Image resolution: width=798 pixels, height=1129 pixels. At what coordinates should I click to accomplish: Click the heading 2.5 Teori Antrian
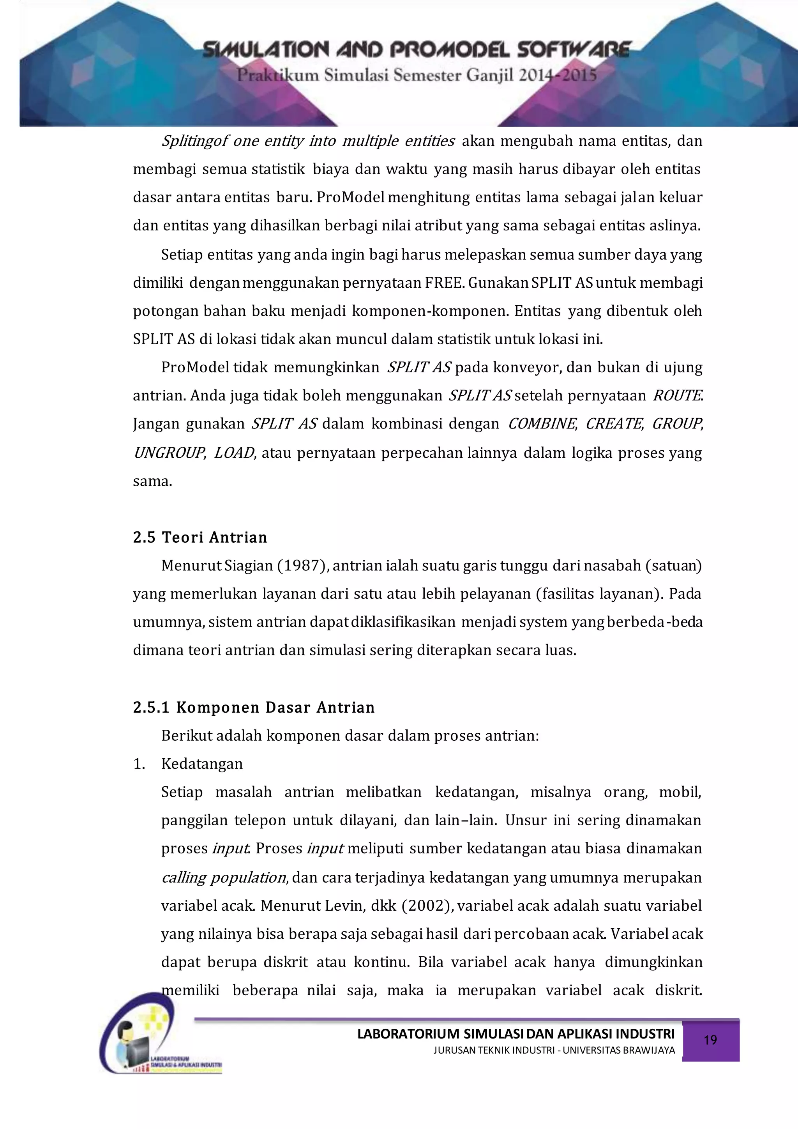click(x=200, y=538)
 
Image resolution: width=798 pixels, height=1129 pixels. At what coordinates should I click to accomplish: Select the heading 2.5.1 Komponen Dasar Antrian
click(x=254, y=708)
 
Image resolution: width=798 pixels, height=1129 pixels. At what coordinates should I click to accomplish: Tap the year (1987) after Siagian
click(x=303, y=566)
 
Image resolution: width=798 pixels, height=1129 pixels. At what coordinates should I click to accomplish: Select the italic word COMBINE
click(x=541, y=424)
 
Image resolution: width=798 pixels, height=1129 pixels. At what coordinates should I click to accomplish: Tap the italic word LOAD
click(x=234, y=453)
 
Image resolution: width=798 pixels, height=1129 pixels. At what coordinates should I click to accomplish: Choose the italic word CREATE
click(x=614, y=424)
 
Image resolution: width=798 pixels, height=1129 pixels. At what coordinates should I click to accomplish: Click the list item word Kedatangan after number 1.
click(x=202, y=764)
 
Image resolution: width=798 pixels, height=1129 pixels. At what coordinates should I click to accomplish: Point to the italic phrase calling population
click(x=224, y=878)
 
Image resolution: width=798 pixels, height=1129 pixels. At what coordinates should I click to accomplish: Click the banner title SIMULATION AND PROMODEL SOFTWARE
click(x=417, y=50)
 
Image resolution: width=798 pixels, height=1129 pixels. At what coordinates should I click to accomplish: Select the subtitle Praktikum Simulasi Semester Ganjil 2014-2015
click(x=417, y=76)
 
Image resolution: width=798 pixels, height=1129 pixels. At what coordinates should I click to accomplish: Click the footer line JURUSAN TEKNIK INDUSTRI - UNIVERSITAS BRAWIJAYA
click(x=554, y=1051)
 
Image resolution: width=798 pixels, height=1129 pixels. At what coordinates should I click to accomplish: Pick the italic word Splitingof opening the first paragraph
click(x=194, y=142)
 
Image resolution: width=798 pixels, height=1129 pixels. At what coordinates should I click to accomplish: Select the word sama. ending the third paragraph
click(x=152, y=481)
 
